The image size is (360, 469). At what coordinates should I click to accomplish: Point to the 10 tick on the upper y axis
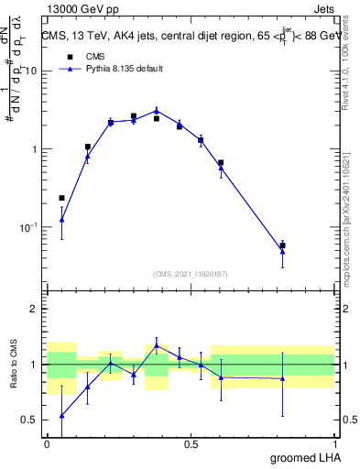click(x=30, y=71)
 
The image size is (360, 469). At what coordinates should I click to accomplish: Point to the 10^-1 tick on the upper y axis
click(x=28, y=227)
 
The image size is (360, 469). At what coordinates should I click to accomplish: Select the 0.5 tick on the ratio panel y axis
click(x=29, y=420)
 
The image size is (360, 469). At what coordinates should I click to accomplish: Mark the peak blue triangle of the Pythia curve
click(x=157, y=110)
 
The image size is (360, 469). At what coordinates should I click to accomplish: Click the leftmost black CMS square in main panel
click(x=61, y=198)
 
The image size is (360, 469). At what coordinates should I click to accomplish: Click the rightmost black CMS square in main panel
click(x=282, y=245)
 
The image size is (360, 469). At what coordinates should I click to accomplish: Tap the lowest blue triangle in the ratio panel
click(x=61, y=416)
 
